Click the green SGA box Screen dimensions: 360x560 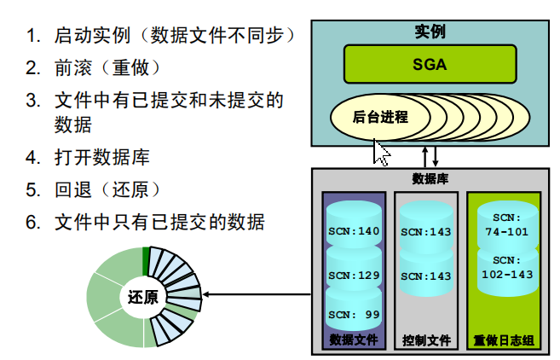[x=430, y=64]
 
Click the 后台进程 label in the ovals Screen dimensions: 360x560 [x=380, y=117]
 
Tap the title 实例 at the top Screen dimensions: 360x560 [x=430, y=32]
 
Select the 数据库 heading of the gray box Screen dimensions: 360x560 [x=430, y=179]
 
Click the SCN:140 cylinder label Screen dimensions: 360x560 [x=354, y=230]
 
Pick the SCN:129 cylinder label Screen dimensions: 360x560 [x=354, y=275]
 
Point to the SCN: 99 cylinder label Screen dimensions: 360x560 [x=354, y=315]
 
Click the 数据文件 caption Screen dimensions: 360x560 [x=354, y=340]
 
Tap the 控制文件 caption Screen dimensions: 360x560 [x=426, y=340]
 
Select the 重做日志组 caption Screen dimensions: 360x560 [x=504, y=340]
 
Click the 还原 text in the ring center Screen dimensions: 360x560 [x=142, y=298]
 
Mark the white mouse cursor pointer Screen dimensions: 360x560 [x=381, y=153]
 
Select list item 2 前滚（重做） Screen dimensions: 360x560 [x=107, y=67]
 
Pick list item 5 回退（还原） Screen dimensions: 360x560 [x=107, y=189]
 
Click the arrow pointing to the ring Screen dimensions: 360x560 [x=256, y=296]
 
